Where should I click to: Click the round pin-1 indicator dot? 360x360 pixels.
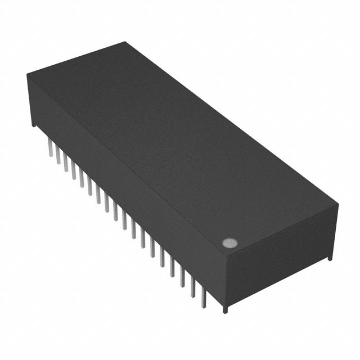229,243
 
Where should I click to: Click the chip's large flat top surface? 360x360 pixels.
180,141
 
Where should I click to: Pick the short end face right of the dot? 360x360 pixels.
281,253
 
